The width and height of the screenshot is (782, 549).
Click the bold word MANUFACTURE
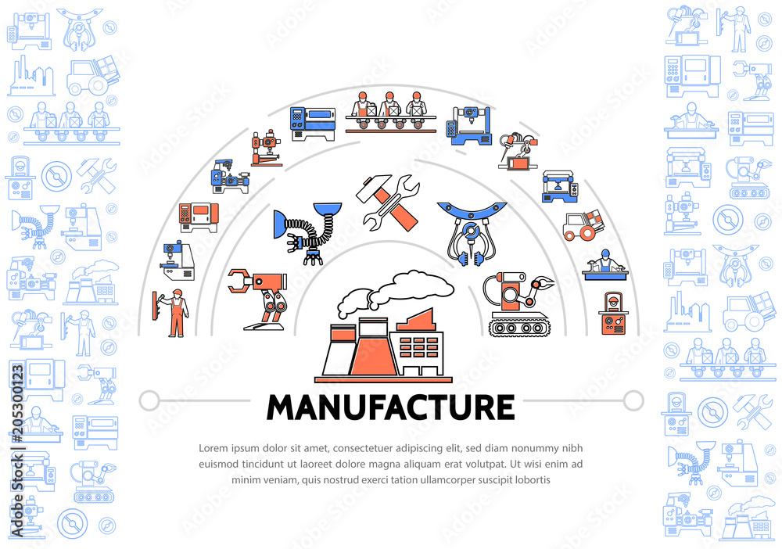pos(390,407)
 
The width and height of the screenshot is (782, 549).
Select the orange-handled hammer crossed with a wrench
pos(389,202)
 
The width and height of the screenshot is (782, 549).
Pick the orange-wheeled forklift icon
pos(583,225)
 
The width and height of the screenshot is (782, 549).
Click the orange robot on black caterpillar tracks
pos(518,304)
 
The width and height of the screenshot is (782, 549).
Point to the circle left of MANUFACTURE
pos(149,400)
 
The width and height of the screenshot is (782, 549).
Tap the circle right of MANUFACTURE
pos(633,400)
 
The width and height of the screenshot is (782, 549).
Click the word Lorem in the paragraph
pos(213,448)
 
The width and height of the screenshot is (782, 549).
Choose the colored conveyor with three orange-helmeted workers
pos(390,112)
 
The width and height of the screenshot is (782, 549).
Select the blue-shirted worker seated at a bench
pos(605,265)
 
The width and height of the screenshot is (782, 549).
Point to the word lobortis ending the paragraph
pos(533,479)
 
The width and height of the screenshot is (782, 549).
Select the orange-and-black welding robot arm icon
pos(518,151)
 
